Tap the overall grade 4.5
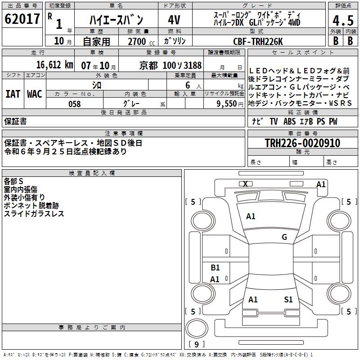(342, 20)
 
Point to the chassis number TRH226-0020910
(302, 143)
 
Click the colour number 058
(74, 104)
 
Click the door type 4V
(174, 20)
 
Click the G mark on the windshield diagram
(284, 237)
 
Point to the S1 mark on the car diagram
(288, 299)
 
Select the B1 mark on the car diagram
(215, 268)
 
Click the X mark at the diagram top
(245, 184)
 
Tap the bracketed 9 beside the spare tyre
(196, 344)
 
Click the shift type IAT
(13, 94)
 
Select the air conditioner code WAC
(35, 94)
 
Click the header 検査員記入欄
(92, 173)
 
